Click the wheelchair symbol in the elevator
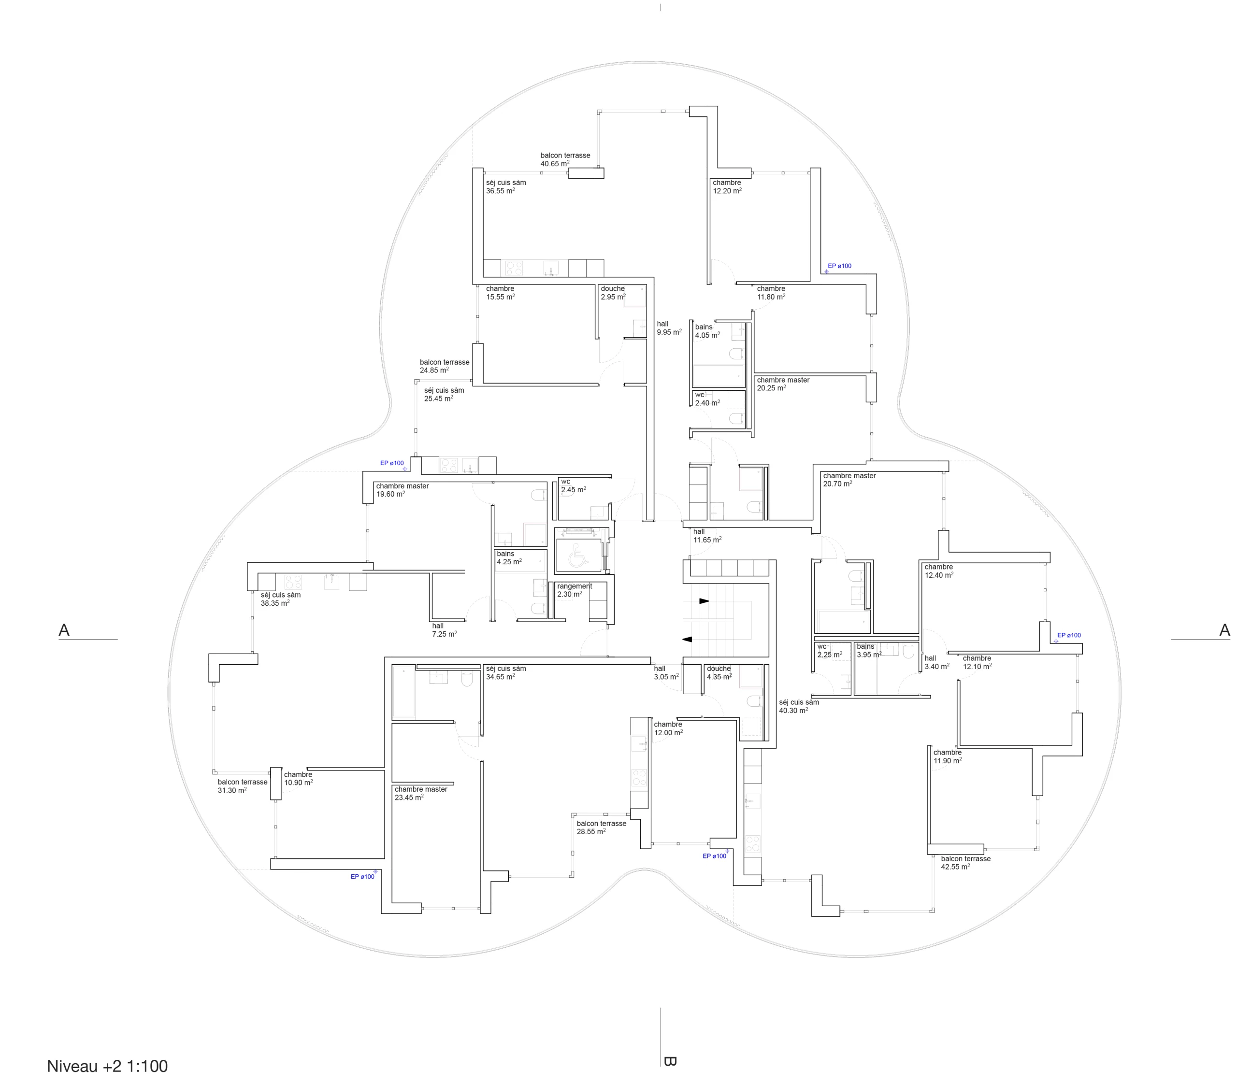578,555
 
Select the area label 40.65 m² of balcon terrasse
554,164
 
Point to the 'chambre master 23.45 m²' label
421,793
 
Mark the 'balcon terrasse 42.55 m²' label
965,862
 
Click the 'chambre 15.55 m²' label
500,293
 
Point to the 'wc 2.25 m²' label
830,651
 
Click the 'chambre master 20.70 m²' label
849,480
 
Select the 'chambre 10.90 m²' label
298,778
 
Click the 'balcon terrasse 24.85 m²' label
445,366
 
